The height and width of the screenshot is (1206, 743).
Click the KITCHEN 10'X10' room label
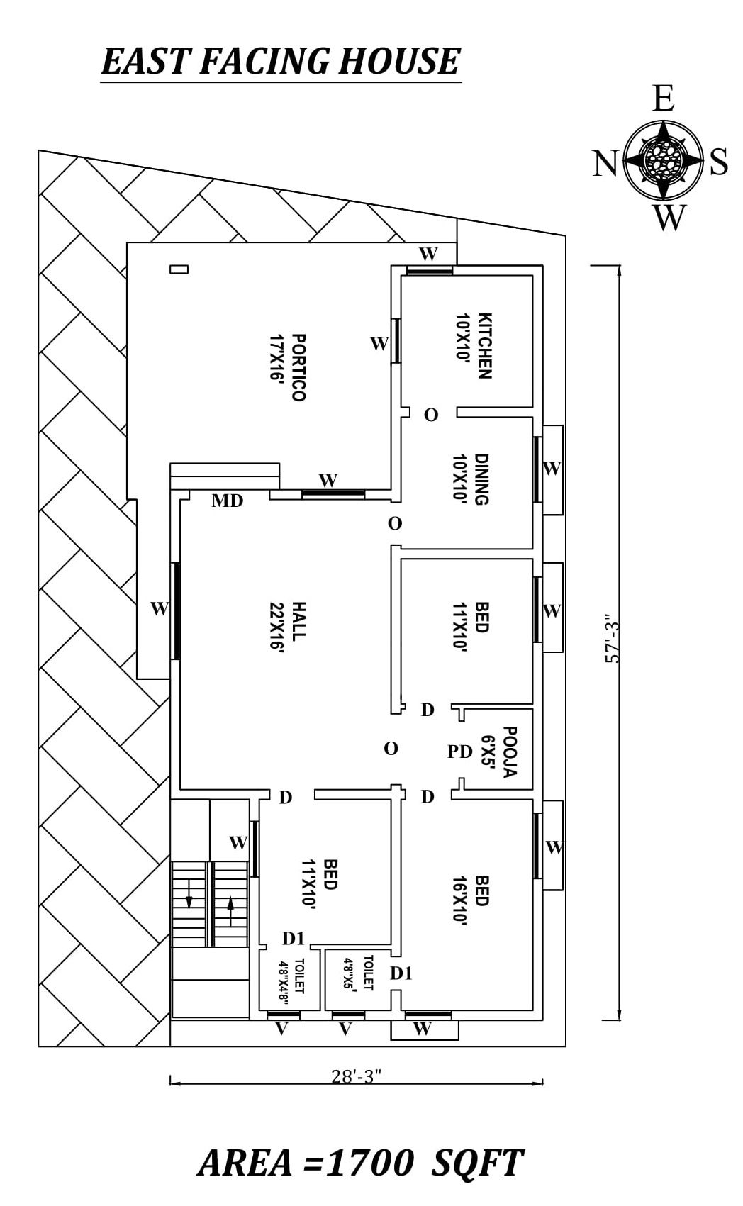click(474, 345)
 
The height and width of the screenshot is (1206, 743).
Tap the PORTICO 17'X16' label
click(288, 367)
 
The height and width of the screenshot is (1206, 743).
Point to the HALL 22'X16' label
click(288, 625)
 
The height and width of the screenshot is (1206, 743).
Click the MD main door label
click(228, 501)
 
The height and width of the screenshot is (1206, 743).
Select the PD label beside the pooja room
click(460, 752)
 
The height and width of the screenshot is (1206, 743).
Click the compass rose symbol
click(663, 160)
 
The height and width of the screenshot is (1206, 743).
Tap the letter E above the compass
click(663, 99)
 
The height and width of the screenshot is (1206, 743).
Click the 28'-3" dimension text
click(357, 1076)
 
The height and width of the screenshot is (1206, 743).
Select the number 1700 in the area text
click(370, 1163)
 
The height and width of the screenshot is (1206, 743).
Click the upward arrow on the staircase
click(230, 910)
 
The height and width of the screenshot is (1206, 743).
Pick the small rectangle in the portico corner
click(179, 269)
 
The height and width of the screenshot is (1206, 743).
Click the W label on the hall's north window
click(160, 608)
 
